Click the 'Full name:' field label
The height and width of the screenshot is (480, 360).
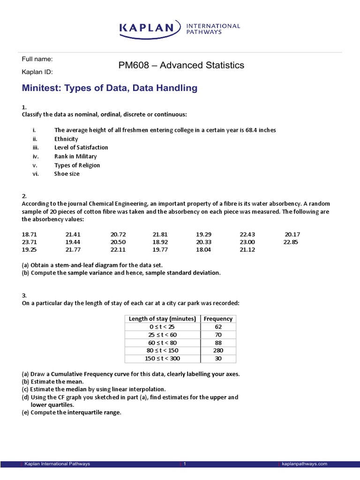click(x=37, y=59)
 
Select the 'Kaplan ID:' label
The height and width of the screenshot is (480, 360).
click(x=37, y=72)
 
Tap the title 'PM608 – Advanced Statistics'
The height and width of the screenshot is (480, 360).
click(x=181, y=66)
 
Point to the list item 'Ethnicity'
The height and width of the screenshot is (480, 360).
click(x=66, y=139)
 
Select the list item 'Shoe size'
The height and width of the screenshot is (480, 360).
click(x=67, y=174)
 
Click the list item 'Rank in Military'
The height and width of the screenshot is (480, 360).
click(x=75, y=157)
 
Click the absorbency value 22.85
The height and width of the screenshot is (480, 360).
click(x=291, y=242)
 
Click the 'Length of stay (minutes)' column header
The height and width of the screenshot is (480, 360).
click(x=162, y=319)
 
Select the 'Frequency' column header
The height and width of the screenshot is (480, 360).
click(x=218, y=319)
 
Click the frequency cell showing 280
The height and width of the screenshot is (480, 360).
click(x=218, y=351)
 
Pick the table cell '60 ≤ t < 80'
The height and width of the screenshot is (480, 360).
click(x=162, y=343)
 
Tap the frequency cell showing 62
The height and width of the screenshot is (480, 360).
click(x=218, y=327)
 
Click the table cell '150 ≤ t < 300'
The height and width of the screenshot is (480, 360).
click(x=162, y=359)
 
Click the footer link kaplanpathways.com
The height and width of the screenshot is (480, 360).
click(x=304, y=464)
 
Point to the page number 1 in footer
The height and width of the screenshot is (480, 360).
click(x=185, y=464)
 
